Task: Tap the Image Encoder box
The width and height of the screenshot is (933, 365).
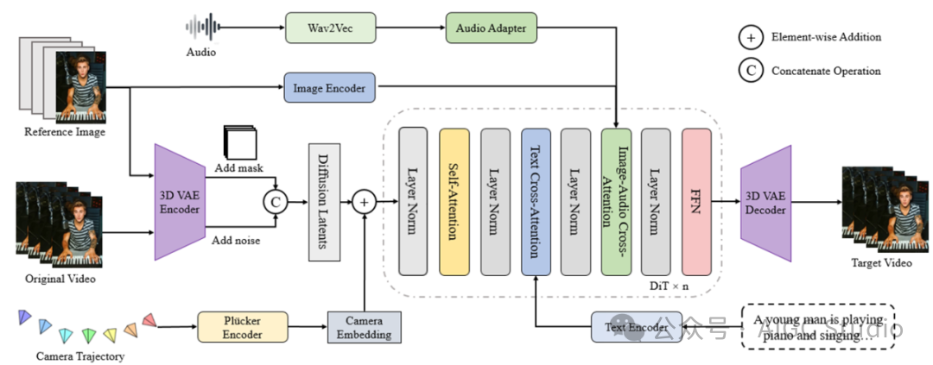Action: tap(328, 87)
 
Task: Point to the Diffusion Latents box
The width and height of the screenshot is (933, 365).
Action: tap(322, 203)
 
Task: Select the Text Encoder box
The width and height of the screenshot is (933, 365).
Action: tap(636, 327)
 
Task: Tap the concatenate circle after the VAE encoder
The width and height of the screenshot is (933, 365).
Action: tap(275, 203)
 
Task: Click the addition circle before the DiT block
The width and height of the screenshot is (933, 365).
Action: tap(365, 203)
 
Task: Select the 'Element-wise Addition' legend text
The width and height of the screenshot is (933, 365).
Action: tap(826, 37)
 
